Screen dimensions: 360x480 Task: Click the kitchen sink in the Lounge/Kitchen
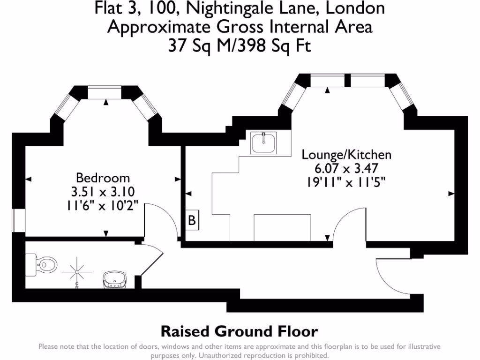coord(264,143)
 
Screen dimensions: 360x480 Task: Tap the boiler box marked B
coord(192,220)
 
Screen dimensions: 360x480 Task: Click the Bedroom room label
coord(103,178)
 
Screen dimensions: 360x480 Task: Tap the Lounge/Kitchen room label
coord(346,155)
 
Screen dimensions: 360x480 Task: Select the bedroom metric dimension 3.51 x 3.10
coord(103,192)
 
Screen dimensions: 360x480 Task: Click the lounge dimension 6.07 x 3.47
coord(346,168)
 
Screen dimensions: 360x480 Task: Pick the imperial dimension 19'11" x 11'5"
coord(346,182)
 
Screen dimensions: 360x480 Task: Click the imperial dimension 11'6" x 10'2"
coord(103,205)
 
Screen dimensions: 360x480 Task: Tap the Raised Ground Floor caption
coord(239,331)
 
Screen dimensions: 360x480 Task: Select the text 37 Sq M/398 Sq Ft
coord(240,45)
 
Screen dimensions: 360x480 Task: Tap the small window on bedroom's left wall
coord(18,221)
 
